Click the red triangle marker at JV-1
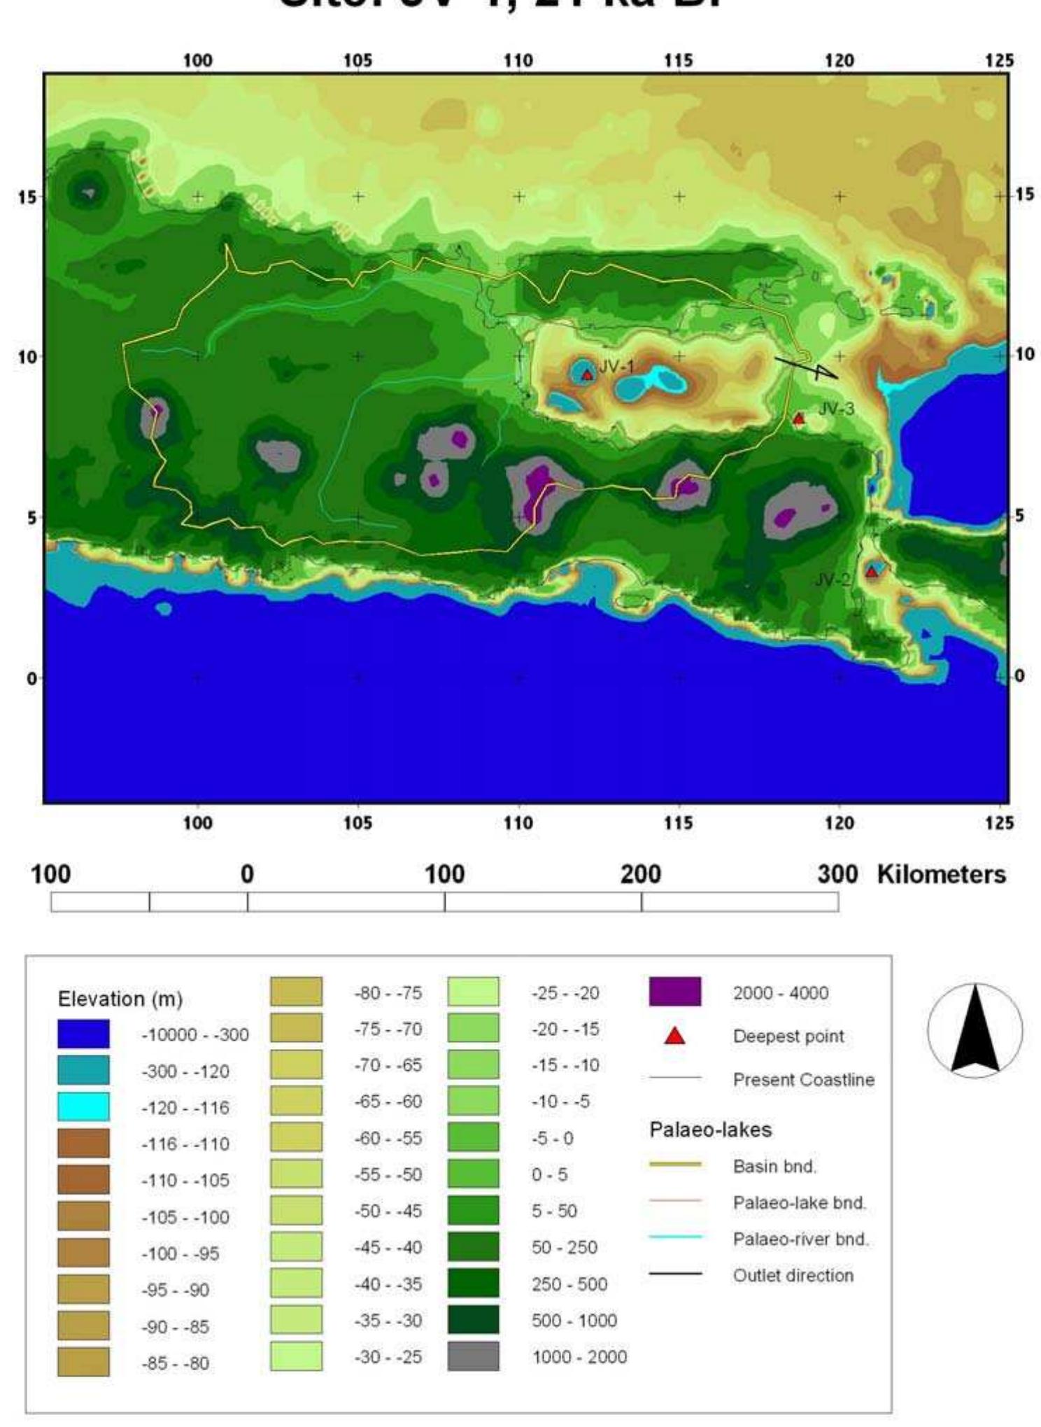[588, 375]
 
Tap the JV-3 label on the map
[836, 409]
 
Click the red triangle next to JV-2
[871, 572]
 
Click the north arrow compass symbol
[975, 1029]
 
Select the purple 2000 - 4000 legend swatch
[674, 992]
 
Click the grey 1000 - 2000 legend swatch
[473, 1356]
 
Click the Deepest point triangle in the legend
[674, 1036]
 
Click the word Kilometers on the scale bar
[941, 875]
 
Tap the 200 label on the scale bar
[641, 875]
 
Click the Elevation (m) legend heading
[120, 999]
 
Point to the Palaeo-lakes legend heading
[710, 1130]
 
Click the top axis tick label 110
[518, 61]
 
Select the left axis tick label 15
[27, 197]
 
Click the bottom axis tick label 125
[999, 822]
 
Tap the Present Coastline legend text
[803, 1080]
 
